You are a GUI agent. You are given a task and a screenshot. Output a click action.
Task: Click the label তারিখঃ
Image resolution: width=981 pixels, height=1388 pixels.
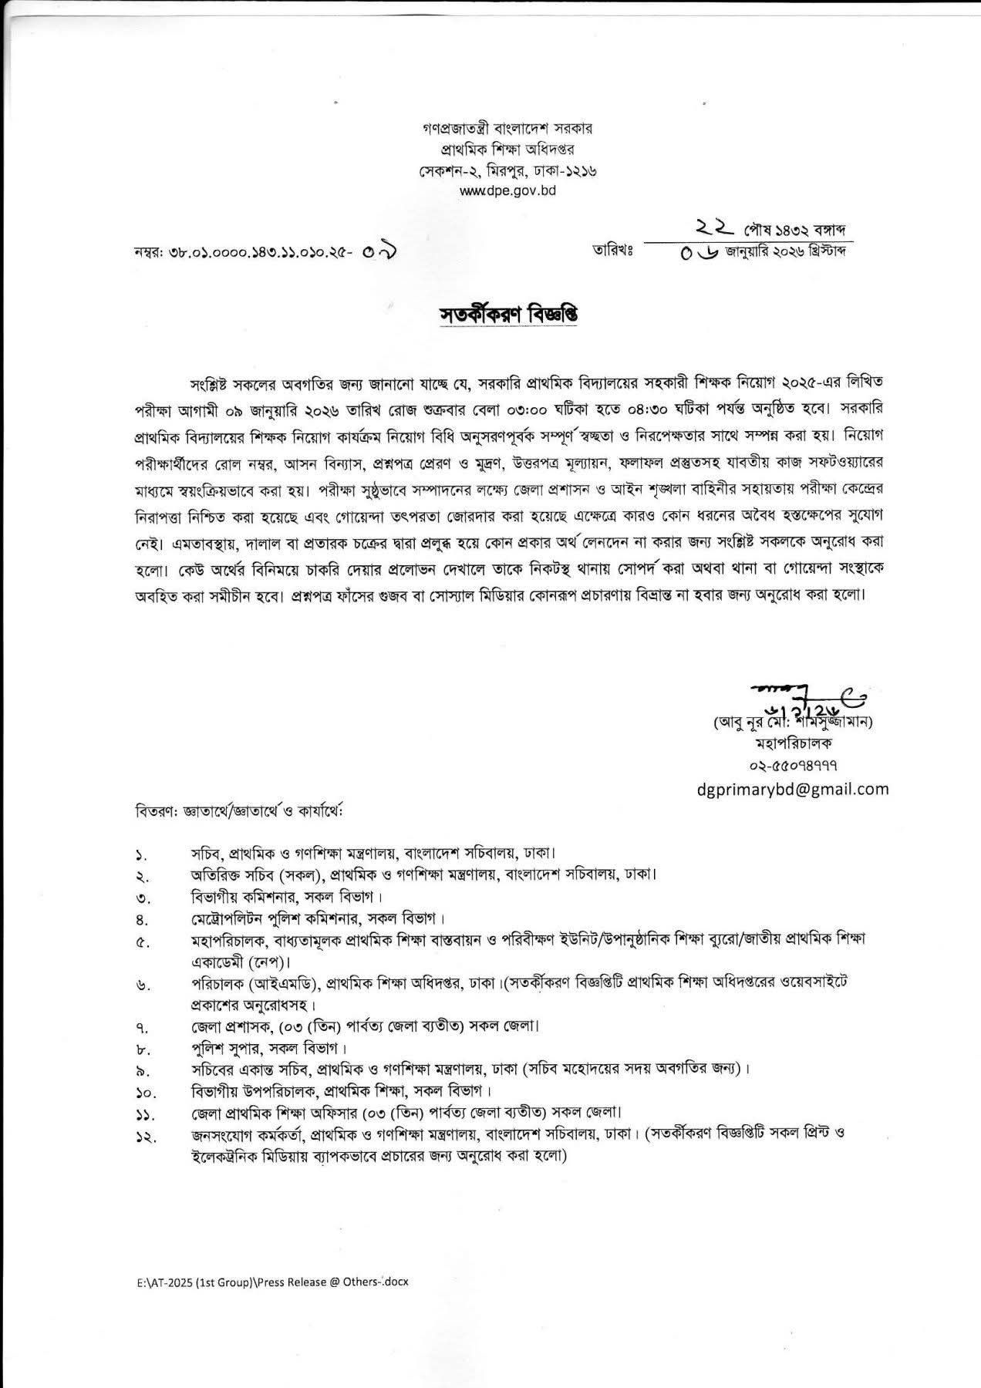click(612, 251)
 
